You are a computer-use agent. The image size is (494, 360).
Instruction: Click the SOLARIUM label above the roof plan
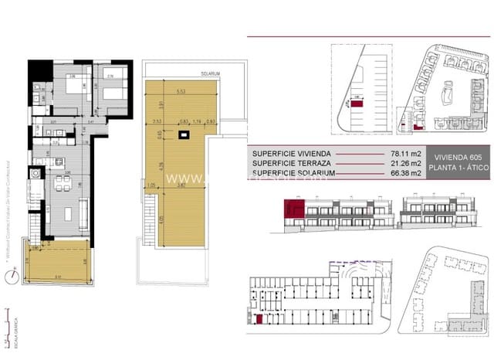coord(211,73)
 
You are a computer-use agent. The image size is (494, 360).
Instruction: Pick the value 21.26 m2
coord(406,163)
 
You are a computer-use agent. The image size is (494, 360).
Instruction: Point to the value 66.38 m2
coord(406,173)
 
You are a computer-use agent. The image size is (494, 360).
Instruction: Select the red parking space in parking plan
coord(357,102)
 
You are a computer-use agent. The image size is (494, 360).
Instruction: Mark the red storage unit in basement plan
coord(259,318)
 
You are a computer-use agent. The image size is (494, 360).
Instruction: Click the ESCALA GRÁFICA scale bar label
coord(8,330)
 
